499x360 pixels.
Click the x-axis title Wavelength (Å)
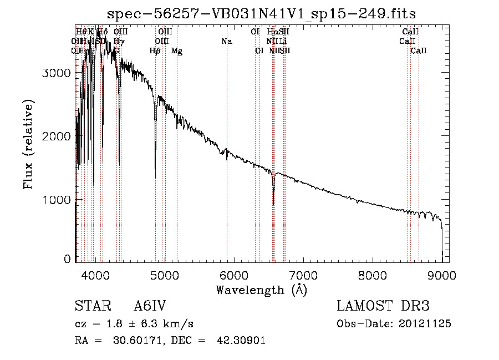[261, 289]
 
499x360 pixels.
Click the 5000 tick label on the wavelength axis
[164, 275]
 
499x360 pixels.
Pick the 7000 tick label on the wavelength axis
[303, 275]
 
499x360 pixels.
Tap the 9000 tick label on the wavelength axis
[442, 275]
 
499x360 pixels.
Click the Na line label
[226, 42]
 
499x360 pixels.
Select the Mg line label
[177, 51]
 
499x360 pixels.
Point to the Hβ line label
[155, 51]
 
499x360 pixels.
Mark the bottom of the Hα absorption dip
[273, 204]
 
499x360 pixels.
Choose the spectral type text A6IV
[150, 306]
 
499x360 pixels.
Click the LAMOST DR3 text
[383, 306]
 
